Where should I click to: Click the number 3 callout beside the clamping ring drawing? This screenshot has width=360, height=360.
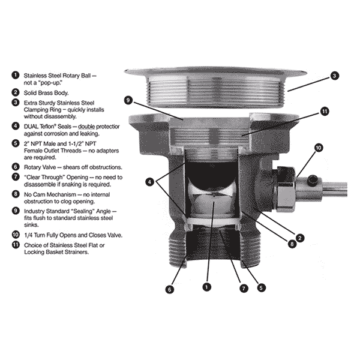tap(335, 76)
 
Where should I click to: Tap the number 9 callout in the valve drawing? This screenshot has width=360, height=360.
tap(128, 100)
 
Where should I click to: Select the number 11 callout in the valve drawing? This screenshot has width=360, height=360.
tap(325, 112)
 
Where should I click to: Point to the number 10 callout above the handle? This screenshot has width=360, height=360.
tap(319, 148)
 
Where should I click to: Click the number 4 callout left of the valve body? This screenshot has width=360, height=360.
tap(149, 182)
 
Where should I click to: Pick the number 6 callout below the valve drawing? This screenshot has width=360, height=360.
tap(169, 289)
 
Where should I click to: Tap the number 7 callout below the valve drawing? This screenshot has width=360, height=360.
tap(244, 289)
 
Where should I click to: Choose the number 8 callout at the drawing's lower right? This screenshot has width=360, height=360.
tap(292, 244)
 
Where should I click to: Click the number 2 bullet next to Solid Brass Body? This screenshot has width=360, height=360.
tap(16, 92)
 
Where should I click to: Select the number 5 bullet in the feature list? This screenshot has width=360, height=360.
tap(16, 143)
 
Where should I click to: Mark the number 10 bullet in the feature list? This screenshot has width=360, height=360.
tap(16, 235)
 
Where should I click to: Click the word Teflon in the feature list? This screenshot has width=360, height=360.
tap(48, 126)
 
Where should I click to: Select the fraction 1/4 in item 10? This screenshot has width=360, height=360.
tap(28, 235)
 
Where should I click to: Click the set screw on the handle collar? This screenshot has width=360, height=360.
tap(313, 180)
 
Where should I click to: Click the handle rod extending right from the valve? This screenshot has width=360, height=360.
tap(335, 189)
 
